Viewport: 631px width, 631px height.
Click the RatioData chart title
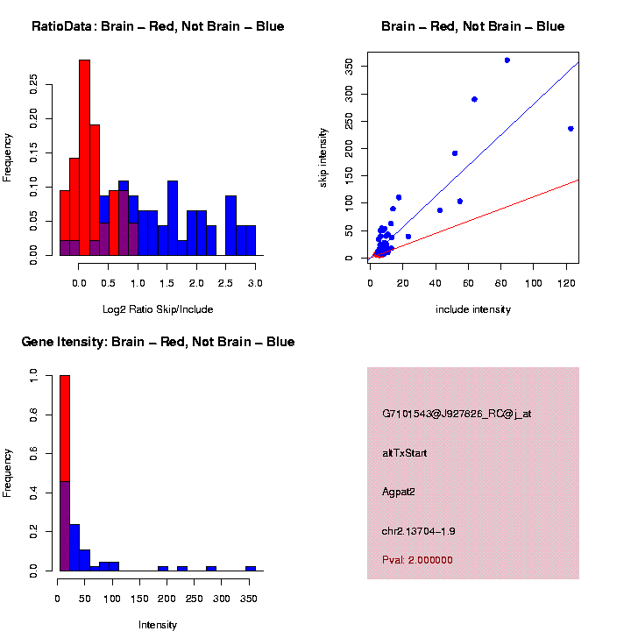pos(158,26)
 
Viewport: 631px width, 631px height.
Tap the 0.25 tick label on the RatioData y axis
pos(34,84)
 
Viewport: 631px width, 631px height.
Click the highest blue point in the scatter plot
pos(507,60)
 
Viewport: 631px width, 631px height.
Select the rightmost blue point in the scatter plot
pos(571,128)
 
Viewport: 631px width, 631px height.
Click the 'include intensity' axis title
pos(473,309)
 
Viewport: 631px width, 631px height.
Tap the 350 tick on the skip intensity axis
pos(349,67)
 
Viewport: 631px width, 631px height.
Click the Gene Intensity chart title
pos(158,342)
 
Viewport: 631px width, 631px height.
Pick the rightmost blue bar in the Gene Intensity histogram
pos(250,568)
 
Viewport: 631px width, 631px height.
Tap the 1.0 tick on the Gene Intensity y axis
pos(34,376)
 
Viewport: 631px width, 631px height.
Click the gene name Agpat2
pos(398,492)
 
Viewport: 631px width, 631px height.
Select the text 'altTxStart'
pos(405,453)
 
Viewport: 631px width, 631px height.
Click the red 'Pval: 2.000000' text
pos(417,559)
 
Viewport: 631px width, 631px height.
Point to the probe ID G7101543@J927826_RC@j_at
pos(456,414)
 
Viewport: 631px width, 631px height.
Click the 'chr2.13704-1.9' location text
pos(418,531)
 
